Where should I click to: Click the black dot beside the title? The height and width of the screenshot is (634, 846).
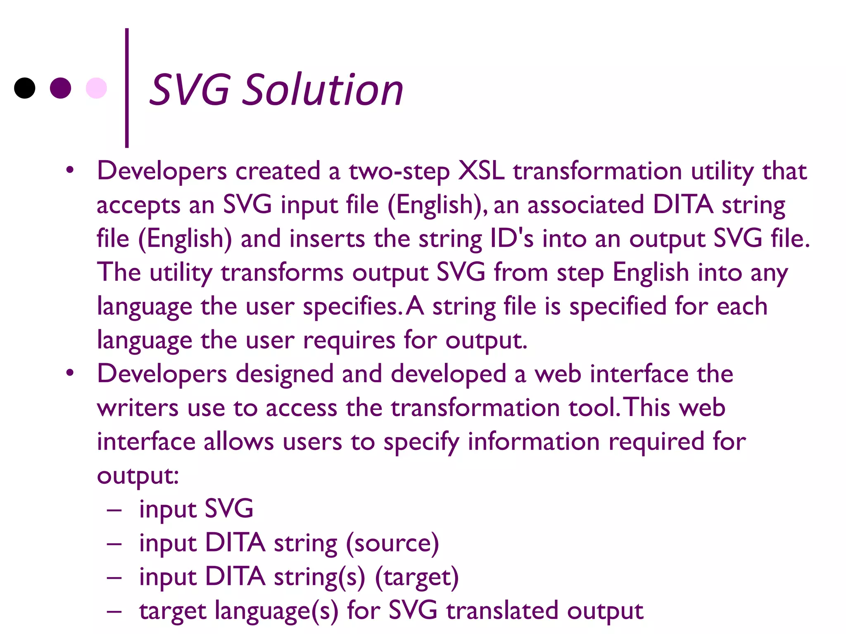pyautogui.click(x=25, y=88)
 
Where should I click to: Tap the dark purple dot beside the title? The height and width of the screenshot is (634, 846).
pyautogui.click(x=60, y=88)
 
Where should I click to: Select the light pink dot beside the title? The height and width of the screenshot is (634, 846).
pyautogui.click(x=96, y=88)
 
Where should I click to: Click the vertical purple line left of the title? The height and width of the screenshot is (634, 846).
pyautogui.click(x=127, y=88)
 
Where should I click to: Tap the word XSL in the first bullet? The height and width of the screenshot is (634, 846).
pyautogui.click(x=481, y=170)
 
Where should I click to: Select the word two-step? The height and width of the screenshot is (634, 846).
pyautogui.click(x=399, y=171)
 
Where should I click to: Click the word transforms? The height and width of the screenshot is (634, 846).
pyautogui.click(x=282, y=273)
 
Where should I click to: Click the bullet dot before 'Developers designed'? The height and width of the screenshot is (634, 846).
pyautogui.click(x=70, y=373)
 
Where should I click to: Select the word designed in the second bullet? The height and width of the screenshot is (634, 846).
pyautogui.click(x=284, y=374)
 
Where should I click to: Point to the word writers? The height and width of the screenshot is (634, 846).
pyautogui.click(x=138, y=408)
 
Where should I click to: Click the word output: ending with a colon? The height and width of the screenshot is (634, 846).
pyautogui.click(x=138, y=476)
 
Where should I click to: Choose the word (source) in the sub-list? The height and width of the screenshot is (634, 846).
pyautogui.click(x=392, y=543)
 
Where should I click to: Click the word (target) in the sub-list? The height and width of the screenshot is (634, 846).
pyautogui.click(x=416, y=577)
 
